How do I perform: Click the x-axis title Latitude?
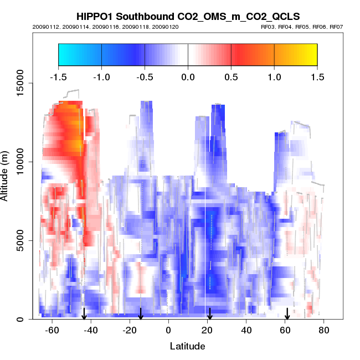(187, 346)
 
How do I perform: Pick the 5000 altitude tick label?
(20, 240)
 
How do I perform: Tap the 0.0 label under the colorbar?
(188, 77)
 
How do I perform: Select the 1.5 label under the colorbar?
(317, 77)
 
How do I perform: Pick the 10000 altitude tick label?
(20, 162)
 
